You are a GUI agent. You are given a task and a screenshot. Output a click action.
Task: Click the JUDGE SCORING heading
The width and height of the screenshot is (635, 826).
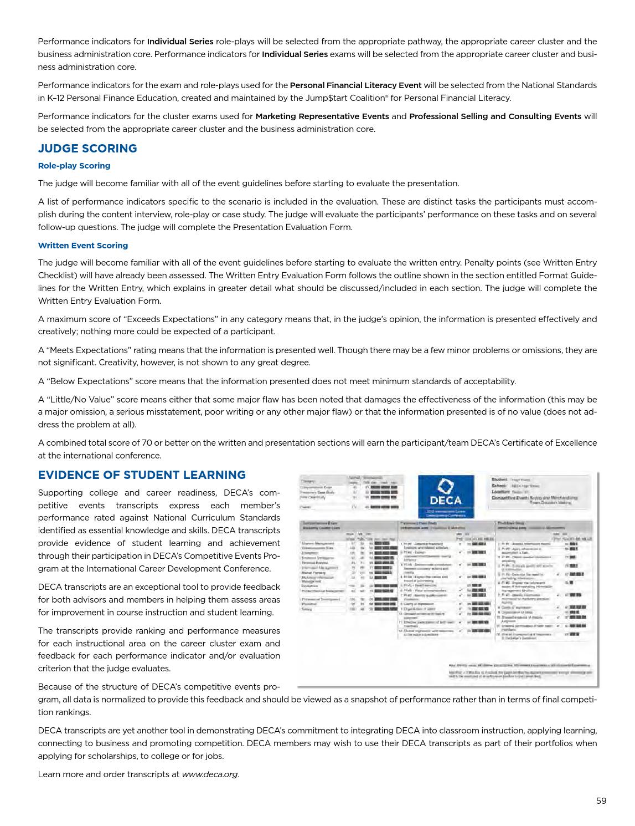pos(87,149)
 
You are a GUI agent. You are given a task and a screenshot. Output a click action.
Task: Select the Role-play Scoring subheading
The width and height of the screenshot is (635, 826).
pos(74,166)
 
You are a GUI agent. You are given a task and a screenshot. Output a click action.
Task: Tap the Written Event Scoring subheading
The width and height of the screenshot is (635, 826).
pos(83,246)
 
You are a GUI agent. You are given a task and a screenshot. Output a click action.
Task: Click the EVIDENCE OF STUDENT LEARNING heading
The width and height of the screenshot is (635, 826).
pos(142,475)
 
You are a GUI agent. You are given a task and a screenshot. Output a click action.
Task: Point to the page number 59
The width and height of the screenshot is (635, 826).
pos(601,800)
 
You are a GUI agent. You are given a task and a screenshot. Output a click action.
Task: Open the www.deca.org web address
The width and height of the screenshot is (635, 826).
pos(210,774)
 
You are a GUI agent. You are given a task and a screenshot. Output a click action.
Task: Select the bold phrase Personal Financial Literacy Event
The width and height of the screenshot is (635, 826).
pos(355,85)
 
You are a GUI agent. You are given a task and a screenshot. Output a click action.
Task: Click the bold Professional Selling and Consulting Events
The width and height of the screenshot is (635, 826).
pos(495,116)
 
